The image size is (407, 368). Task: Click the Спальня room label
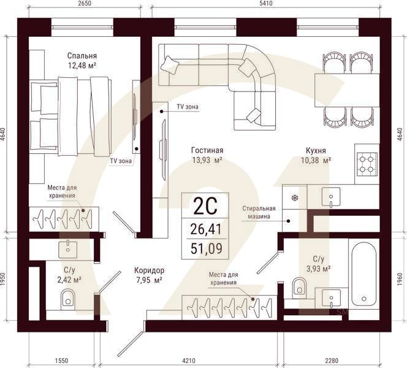point(82,56)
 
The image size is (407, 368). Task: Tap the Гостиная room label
point(207,150)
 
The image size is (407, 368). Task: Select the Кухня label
point(316,150)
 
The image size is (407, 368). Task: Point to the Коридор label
point(149,270)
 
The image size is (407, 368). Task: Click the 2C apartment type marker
point(205,207)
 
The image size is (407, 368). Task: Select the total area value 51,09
point(207,248)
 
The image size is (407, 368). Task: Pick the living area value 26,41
point(206,229)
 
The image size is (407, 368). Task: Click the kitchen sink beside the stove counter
point(331,197)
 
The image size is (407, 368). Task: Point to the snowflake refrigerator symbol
point(295,198)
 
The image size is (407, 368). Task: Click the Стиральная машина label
point(259,212)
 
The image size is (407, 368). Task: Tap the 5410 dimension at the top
point(266,4)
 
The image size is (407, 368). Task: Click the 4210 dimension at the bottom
point(189,361)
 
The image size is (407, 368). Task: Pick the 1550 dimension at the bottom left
point(61,361)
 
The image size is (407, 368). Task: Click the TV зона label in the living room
point(188,107)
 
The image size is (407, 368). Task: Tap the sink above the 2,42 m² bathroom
point(68,250)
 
